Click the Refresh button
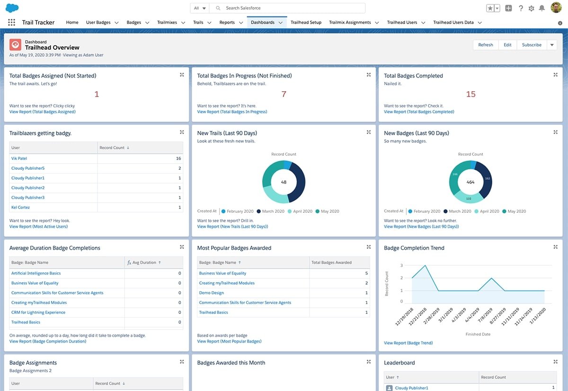pos(485,45)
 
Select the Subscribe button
pos(532,45)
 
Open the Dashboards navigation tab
pos(263,22)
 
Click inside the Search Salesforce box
pos(289,8)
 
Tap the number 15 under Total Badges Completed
pos(470,94)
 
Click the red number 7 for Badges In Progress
pos(284,94)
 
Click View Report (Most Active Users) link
pos(38,226)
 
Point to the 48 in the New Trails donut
pos(284,182)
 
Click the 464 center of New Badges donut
pos(470,182)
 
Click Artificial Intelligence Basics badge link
pos(36,273)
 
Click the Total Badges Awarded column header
pos(331,262)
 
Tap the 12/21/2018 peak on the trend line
pos(426,266)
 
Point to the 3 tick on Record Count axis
pos(401,266)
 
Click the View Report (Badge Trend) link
pos(408,343)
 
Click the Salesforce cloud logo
pos(12,8)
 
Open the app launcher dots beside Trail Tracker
pos(12,22)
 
